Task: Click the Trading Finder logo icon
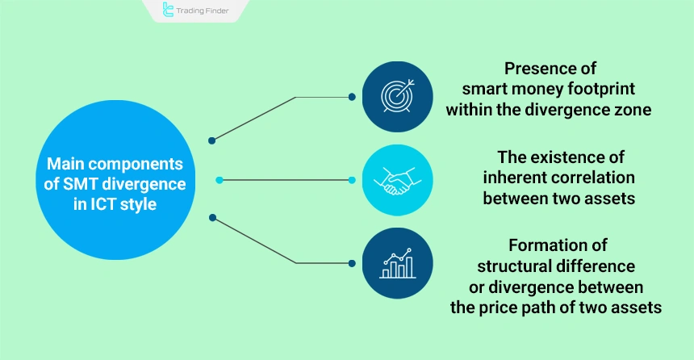(168, 10)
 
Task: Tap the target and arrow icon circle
(396, 96)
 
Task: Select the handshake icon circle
(396, 179)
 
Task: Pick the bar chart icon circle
(396, 262)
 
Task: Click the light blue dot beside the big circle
(219, 179)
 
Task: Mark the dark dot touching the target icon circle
(352, 97)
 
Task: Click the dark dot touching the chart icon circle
(352, 262)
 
